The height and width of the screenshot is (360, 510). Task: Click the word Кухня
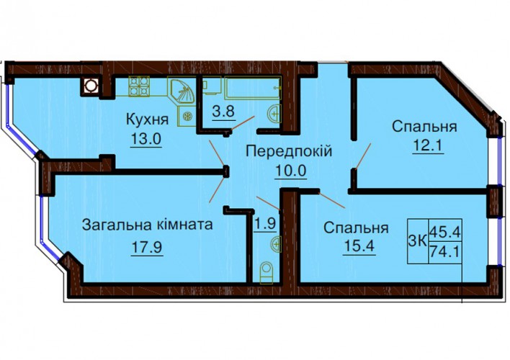pyautogui.click(x=148, y=120)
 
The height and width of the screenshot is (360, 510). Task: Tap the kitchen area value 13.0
pyautogui.click(x=146, y=140)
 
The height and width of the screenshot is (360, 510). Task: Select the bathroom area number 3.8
pyautogui.click(x=223, y=112)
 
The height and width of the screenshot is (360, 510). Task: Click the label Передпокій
pyautogui.click(x=289, y=151)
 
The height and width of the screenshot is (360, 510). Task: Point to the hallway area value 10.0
pyautogui.click(x=291, y=170)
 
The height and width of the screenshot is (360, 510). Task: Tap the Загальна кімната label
pyautogui.click(x=148, y=225)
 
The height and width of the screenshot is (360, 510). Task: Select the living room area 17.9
pyautogui.click(x=147, y=248)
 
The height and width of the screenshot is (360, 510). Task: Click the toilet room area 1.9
pyautogui.click(x=265, y=224)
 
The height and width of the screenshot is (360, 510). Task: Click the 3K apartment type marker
pyautogui.click(x=417, y=241)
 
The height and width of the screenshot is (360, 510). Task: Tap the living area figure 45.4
pyautogui.click(x=445, y=232)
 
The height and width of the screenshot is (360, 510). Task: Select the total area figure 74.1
pyautogui.click(x=445, y=251)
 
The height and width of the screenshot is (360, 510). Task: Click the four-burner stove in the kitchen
pyautogui.click(x=139, y=86)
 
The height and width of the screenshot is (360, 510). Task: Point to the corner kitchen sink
pyautogui.click(x=182, y=91)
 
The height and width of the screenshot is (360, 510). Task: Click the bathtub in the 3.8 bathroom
pyautogui.click(x=254, y=88)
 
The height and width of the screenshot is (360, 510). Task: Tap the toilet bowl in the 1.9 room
pyautogui.click(x=267, y=273)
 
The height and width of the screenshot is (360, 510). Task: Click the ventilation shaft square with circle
pyautogui.click(x=90, y=86)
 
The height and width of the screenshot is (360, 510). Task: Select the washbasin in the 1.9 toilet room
pyautogui.click(x=275, y=243)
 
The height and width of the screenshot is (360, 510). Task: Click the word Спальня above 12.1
pyautogui.click(x=424, y=127)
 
